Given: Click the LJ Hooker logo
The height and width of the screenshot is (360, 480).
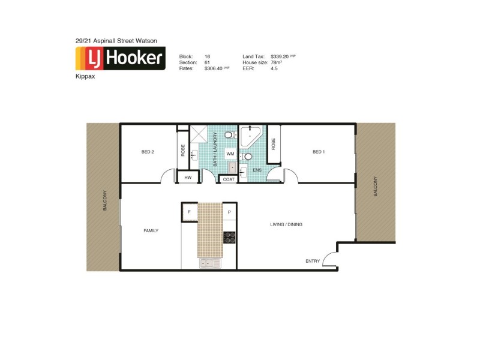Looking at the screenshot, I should (120, 58).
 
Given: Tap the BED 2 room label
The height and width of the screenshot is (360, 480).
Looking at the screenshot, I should (148, 152).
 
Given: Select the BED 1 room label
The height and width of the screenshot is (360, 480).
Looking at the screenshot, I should (319, 152).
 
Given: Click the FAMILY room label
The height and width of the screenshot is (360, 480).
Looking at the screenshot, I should (150, 230).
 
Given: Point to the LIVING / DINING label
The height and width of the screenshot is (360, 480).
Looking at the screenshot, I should (285, 224).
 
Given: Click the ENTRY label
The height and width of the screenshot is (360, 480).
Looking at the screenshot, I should (313, 261).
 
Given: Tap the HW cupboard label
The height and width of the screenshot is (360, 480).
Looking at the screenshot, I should (188, 178).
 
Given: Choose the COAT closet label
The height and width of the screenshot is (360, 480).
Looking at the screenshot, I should (229, 179).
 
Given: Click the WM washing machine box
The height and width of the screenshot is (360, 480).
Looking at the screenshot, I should (230, 154).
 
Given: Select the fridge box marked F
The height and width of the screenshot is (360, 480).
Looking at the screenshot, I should (190, 212).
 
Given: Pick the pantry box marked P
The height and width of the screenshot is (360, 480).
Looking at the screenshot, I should (229, 212).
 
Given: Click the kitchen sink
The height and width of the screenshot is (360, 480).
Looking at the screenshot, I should (210, 263).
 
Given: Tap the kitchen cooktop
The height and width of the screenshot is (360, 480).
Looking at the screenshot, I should (229, 237).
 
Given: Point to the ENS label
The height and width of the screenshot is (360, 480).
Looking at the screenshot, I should (257, 170).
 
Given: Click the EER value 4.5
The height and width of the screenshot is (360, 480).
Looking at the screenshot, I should (275, 69).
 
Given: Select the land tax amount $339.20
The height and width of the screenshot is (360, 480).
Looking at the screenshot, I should (283, 56).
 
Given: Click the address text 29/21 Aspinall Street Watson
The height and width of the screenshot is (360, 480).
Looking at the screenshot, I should (116, 40).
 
